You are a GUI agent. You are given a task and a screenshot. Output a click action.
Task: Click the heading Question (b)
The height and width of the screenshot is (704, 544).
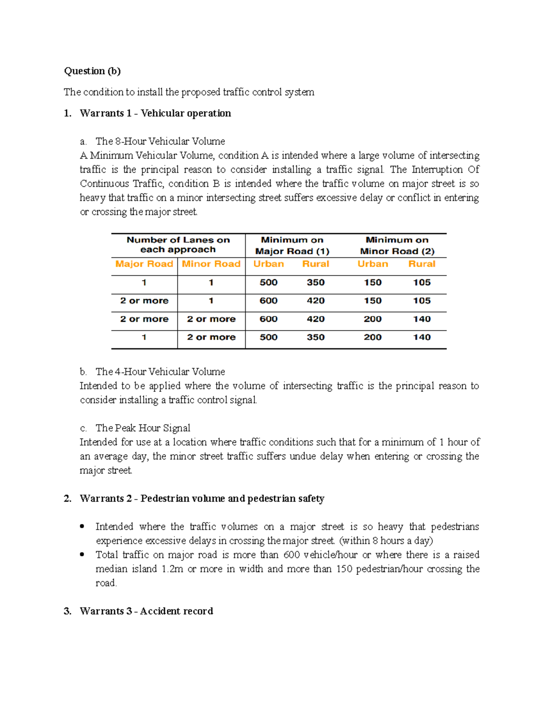tap(92, 71)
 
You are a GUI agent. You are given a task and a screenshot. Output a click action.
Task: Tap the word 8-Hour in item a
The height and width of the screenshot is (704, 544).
tap(131, 141)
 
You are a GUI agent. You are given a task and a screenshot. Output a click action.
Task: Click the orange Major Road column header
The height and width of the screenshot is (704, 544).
tap(144, 264)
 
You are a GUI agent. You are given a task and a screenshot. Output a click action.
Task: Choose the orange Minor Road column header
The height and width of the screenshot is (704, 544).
tap(211, 264)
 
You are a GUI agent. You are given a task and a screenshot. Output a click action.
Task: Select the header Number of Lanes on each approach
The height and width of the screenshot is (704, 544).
tap(178, 245)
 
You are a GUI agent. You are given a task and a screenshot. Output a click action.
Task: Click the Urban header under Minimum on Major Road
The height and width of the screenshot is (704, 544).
tap(268, 264)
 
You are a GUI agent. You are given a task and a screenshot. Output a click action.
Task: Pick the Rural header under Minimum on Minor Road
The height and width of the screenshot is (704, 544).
tap(422, 264)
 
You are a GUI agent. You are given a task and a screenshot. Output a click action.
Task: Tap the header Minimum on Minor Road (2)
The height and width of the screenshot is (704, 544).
tap(397, 245)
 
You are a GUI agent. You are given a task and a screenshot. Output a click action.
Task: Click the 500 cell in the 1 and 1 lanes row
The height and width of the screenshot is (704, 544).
tap(268, 282)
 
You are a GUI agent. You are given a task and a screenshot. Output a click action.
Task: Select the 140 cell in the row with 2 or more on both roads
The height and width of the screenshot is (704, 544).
tap(422, 319)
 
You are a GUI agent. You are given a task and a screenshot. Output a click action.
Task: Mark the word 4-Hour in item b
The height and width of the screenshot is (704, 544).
tap(131, 372)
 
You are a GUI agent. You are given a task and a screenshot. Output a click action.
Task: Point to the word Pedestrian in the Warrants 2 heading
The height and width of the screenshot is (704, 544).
tap(165, 499)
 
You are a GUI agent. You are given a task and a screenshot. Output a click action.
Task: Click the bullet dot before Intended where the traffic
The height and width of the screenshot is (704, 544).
tap(82, 527)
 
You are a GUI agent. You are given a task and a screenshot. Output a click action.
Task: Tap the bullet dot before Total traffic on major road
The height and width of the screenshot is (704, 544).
tap(82, 555)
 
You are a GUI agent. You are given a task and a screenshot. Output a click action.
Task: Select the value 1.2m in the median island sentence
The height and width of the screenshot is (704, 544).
tap(172, 569)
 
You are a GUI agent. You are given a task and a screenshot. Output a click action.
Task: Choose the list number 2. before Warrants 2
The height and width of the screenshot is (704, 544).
tap(68, 499)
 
